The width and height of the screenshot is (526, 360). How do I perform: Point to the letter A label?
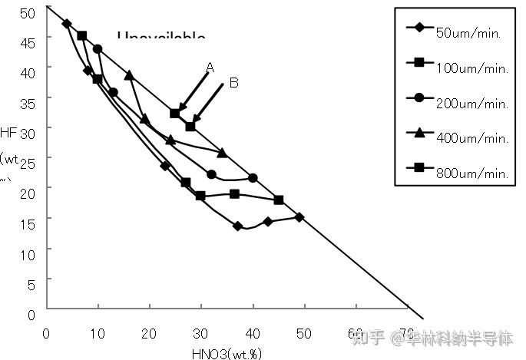(x=210, y=68)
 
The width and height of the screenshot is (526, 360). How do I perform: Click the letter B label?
(x=233, y=83)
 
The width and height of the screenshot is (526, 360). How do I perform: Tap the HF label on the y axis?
(x=8, y=132)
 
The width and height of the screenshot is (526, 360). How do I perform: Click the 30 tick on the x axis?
(x=200, y=333)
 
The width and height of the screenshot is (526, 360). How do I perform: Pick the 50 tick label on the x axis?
(x=304, y=333)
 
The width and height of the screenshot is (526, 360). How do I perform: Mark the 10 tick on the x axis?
(x=98, y=333)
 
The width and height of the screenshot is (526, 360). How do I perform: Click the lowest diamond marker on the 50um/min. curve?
(x=238, y=226)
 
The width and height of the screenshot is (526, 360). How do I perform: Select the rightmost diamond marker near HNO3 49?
(x=299, y=217)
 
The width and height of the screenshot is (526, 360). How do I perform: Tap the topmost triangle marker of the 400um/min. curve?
(x=129, y=75)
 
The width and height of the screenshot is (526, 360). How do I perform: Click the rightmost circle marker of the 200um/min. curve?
(x=253, y=178)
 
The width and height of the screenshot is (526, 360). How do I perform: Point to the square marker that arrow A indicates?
(x=175, y=114)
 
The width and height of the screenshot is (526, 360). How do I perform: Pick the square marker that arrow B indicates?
(x=190, y=126)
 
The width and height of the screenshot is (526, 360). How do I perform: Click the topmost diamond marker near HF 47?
(x=67, y=24)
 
